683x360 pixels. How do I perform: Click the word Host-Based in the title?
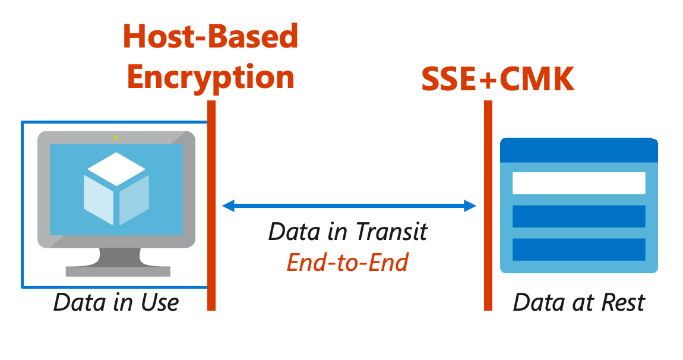coord(210,37)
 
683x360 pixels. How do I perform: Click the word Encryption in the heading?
coord(210,77)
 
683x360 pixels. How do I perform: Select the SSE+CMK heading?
coord(498,79)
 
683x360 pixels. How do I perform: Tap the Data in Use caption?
coord(116,302)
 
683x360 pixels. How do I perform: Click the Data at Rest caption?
coord(578,302)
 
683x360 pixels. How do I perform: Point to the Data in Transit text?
coord(347,232)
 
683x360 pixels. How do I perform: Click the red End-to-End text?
coord(347,262)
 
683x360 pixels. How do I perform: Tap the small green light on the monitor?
coord(116,138)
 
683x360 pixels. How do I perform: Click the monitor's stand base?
coord(118,271)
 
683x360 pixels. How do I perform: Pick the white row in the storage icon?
coord(578,183)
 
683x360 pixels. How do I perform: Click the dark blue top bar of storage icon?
coord(578,151)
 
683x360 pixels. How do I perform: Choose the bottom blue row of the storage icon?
coord(578,250)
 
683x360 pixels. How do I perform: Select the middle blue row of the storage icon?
coord(578,216)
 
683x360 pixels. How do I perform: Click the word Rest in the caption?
coord(622,302)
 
